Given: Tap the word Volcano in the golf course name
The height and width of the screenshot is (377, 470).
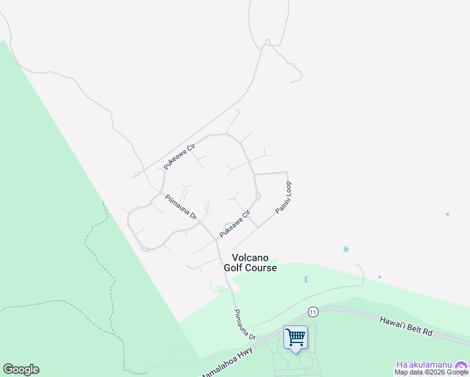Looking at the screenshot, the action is pyautogui.click(x=251, y=258).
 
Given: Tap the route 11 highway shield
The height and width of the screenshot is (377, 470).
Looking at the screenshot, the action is pyautogui.click(x=313, y=312).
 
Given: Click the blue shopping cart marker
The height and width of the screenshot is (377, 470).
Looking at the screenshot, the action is pyautogui.click(x=295, y=336).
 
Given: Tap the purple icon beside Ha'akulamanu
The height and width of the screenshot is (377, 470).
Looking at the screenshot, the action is pyautogui.click(x=462, y=365).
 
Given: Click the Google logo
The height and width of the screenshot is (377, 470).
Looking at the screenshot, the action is pyautogui.click(x=21, y=369).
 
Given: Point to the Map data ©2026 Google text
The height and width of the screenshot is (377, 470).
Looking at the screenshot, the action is pyautogui.click(x=432, y=373).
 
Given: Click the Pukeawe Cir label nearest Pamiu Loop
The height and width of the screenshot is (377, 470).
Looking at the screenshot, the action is pyautogui.click(x=230, y=225).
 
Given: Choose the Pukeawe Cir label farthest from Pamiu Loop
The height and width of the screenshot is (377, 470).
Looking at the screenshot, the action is pyautogui.click(x=179, y=156).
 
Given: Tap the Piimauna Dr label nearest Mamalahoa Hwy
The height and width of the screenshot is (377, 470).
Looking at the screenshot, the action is pyautogui.click(x=244, y=324).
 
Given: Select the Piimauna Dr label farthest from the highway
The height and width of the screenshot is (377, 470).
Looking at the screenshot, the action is pyautogui.click(x=182, y=207).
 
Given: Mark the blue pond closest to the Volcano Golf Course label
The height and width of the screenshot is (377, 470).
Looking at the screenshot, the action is pyautogui.click(x=306, y=280).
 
